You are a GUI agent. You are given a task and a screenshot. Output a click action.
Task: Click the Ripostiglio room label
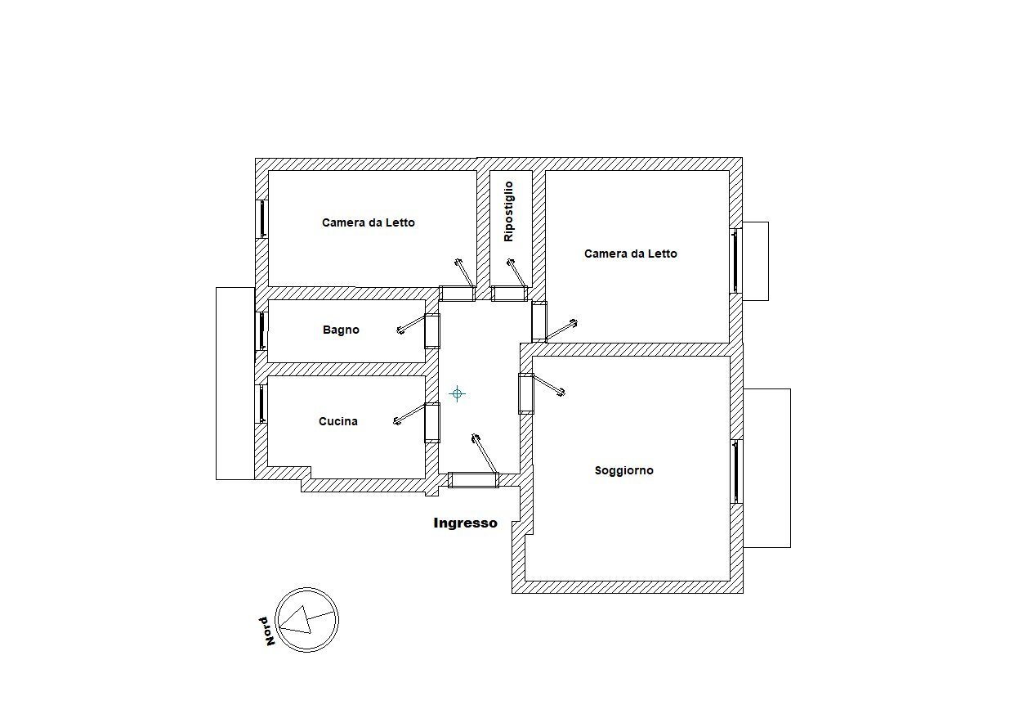click(508, 211)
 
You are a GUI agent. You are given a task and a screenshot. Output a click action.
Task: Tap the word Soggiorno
click(624, 471)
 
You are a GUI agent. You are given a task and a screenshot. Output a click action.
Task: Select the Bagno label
click(341, 330)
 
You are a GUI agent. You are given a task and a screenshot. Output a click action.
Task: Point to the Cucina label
click(338, 421)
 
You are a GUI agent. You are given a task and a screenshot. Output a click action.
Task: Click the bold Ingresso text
click(465, 523)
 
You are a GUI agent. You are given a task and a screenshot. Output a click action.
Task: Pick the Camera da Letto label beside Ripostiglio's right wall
click(631, 254)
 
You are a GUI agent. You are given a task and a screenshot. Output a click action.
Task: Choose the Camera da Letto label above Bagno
click(369, 222)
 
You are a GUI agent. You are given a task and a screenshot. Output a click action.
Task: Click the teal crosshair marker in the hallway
click(458, 394)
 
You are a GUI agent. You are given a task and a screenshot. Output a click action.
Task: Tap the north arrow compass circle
click(307, 620)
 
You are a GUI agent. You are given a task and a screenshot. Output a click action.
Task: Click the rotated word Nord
click(267, 631)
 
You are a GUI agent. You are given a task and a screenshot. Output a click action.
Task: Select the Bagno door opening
click(432, 331)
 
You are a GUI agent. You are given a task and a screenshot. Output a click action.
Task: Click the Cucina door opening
click(432, 423)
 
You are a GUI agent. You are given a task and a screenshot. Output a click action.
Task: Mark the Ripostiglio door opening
click(510, 294)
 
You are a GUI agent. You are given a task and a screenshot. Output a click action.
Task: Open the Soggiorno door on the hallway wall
click(526, 393)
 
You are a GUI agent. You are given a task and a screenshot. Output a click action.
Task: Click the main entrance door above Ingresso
click(473, 480)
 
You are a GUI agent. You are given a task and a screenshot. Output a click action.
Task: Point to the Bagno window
click(261, 331)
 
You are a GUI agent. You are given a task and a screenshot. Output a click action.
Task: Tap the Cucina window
click(261, 404)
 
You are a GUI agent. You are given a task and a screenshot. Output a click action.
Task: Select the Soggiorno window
click(736, 472)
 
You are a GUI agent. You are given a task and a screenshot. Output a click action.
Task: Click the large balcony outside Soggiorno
click(766, 468)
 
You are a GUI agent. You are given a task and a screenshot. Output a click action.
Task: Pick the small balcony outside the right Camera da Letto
click(755, 262)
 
